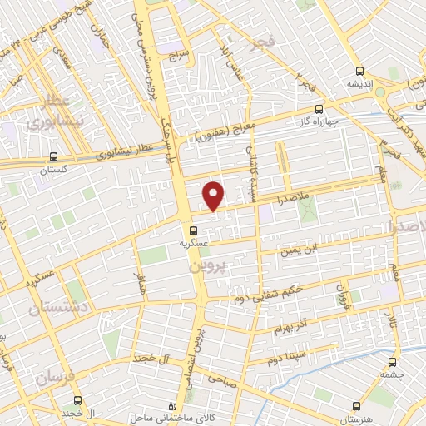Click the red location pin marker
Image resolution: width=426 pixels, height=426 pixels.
pyautogui.click(x=214, y=196)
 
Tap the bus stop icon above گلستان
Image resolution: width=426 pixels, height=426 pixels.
pyautogui.click(x=54, y=156)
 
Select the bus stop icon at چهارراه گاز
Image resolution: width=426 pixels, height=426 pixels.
pyautogui.click(x=319, y=108)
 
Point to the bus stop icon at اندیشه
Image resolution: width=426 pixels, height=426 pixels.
pyautogui.click(x=359, y=71)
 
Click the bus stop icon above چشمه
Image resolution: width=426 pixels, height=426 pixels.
pyautogui.click(x=393, y=362)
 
